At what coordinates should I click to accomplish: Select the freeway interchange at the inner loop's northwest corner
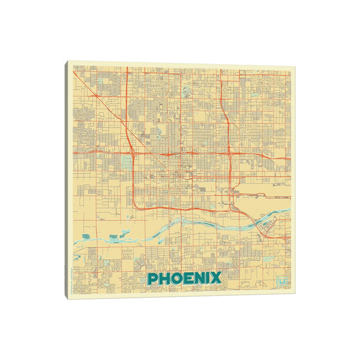click(x=133, y=154)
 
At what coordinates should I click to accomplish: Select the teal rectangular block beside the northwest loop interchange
click(x=125, y=161)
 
